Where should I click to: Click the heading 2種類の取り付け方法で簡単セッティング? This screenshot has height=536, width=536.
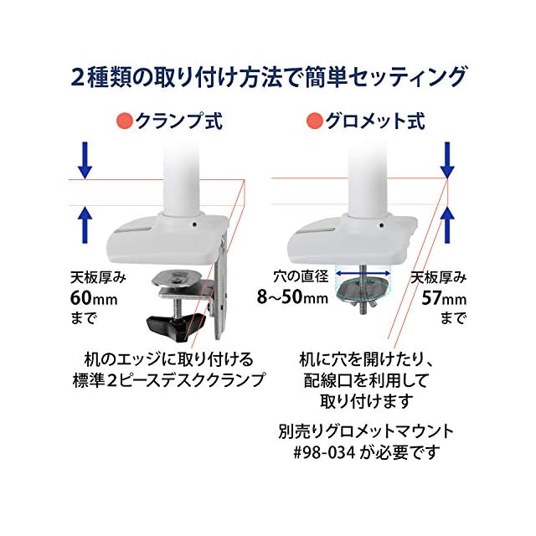click(267, 76)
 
